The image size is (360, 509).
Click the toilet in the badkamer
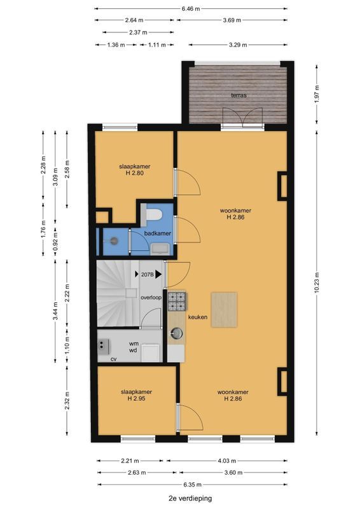(x=154, y=214)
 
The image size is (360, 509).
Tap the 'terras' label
(x=239, y=95)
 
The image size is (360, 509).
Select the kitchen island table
(x=224, y=309)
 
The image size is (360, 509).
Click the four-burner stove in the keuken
(x=177, y=301)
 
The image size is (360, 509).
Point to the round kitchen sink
(x=177, y=332)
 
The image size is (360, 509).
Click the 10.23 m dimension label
(x=317, y=282)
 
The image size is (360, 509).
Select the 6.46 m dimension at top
(x=191, y=9)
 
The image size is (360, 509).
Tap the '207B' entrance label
(x=147, y=274)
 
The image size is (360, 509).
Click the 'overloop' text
(x=151, y=297)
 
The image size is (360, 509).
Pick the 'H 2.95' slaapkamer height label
(x=136, y=398)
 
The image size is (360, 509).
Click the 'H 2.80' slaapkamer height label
(x=135, y=173)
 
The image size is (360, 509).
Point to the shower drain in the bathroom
(x=114, y=241)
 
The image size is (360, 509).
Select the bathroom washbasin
(x=160, y=249)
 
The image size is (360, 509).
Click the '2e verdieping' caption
(x=190, y=498)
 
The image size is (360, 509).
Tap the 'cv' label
(x=114, y=359)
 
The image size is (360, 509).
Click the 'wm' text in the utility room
(x=134, y=344)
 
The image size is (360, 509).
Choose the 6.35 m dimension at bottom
(x=193, y=485)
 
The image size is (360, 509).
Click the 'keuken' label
(x=198, y=317)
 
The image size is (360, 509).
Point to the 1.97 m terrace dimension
(x=317, y=93)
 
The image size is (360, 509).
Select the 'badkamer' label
(x=158, y=233)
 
